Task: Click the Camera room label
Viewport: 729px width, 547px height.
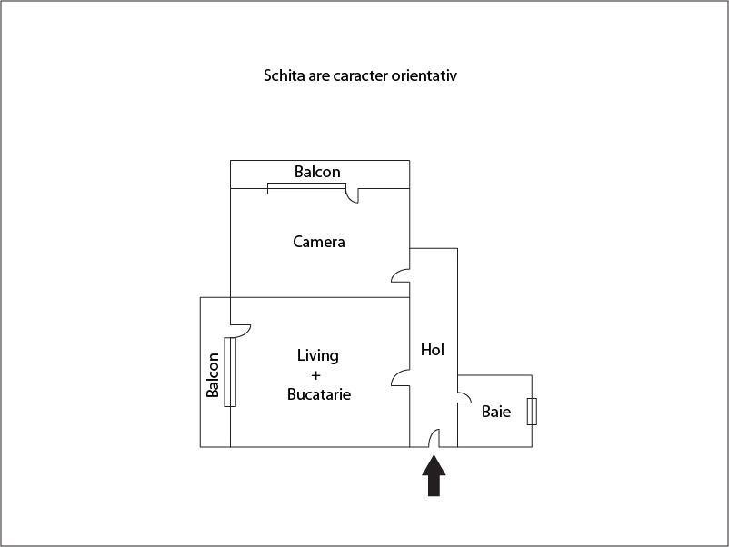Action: click(x=319, y=242)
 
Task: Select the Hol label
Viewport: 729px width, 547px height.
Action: click(x=433, y=350)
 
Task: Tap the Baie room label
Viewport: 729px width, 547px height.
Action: click(x=496, y=412)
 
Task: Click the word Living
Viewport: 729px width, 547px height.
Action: click(x=318, y=356)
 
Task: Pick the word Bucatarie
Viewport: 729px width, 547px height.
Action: click(x=319, y=394)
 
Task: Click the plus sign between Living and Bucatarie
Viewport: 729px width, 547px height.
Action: click(x=316, y=375)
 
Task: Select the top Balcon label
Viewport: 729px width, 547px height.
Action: click(x=317, y=172)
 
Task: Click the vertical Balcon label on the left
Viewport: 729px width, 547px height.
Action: click(x=213, y=375)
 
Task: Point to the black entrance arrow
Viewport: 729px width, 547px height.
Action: click(x=434, y=475)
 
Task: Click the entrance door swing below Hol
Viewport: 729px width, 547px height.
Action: click(x=434, y=437)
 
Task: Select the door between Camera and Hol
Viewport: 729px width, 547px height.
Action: click(x=399, y=275)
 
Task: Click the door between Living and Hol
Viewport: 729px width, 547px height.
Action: click(x=399, y=377)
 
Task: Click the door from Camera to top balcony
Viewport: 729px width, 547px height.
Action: click(x=353, y=195)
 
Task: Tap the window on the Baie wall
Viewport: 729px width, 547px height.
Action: click(x=532, y=412)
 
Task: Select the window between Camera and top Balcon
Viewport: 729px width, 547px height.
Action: click(x=307, y=188)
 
